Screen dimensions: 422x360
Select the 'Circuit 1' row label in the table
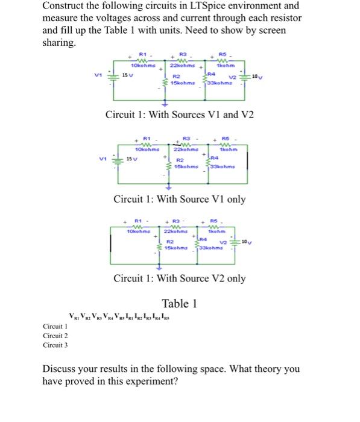point(55,326)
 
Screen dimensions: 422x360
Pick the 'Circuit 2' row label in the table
point(55,336)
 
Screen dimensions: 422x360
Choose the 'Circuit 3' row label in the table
point(55,345)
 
